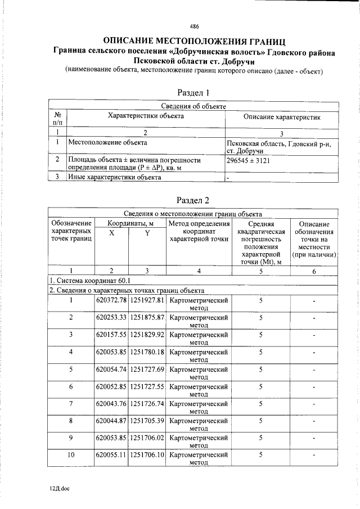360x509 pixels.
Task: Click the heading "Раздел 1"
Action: click(x=193, y=93)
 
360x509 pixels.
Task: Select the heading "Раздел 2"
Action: click(x=193, y=200)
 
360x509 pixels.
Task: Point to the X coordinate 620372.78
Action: click(x=111, y=300)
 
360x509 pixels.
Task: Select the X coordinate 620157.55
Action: click(x=111, y=335)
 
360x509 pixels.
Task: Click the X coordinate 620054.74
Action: click(x=111, y=370)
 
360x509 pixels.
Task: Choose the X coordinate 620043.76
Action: click(x=111, y=404)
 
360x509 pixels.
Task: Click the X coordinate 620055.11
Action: click(x=111, y=455)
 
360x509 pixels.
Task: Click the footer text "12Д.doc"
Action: click(x=58, y=489)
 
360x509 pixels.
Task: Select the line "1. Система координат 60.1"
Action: click(x=90, y=281)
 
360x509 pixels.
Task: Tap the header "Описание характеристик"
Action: click(x=282, y=117)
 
